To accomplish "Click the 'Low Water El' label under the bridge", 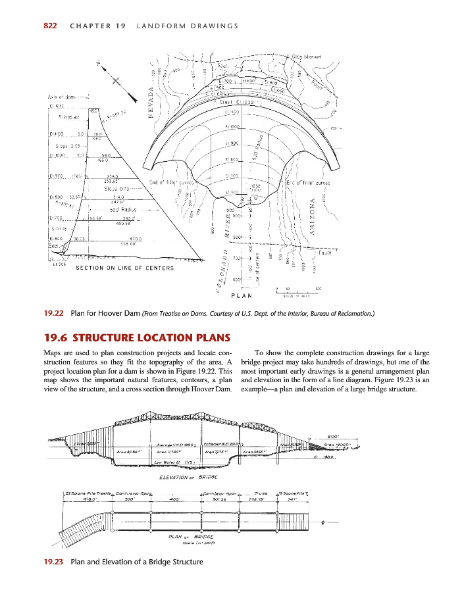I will point(170,462).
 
